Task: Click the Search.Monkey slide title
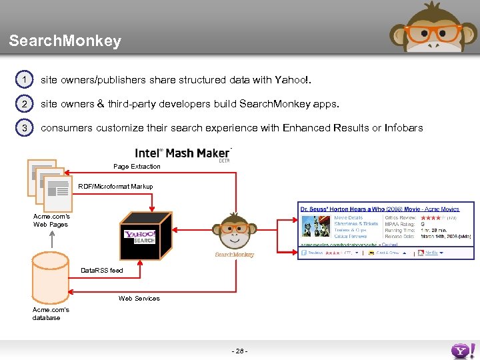(65, 41)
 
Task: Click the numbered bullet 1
(24, 80)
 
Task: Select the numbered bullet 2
(24, 104)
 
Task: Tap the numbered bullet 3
(24, 128)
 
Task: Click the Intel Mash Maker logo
(183, 153)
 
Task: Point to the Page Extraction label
(137, 166)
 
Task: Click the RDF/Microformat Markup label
(115, 187)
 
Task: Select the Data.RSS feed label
(102, 271)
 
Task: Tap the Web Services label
(139, 298)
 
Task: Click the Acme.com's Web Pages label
(51, 220)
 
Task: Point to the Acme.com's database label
(51, 313)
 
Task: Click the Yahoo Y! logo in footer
(463, 351)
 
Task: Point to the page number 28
(239, 351)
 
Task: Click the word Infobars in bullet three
(403, 128)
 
